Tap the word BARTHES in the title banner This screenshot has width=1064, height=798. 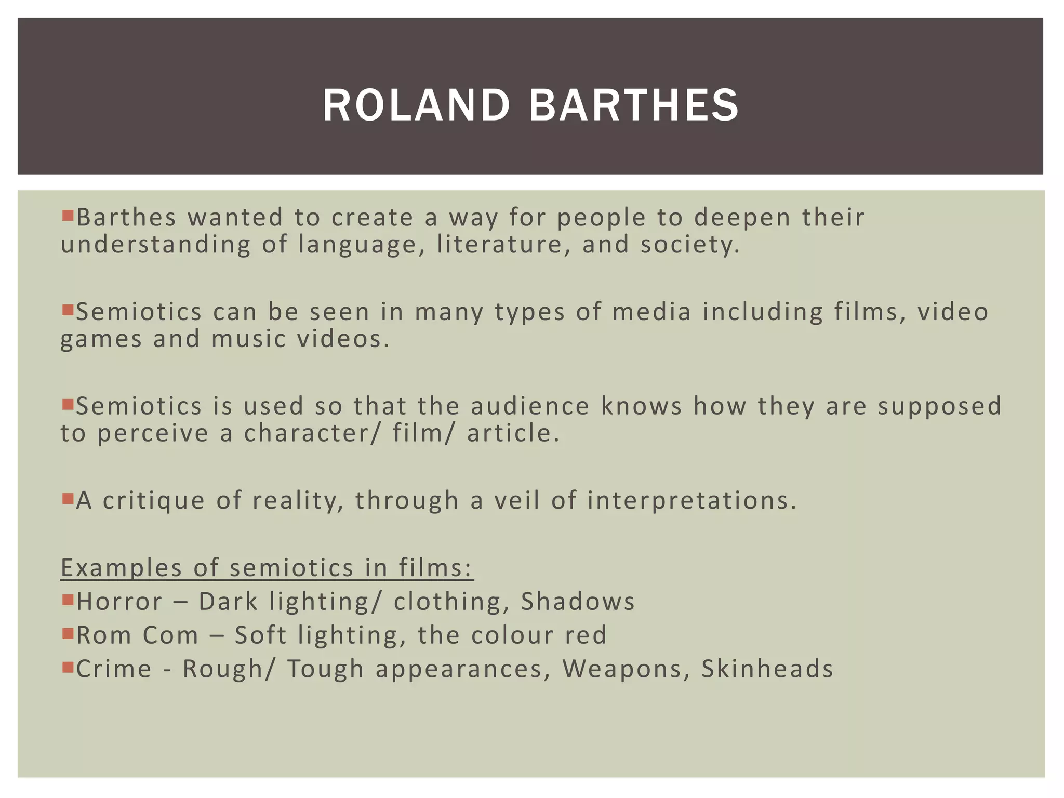634,105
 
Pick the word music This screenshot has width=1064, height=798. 249,339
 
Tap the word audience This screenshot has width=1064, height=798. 530,406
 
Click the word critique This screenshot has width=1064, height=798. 154,501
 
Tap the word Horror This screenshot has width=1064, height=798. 119,602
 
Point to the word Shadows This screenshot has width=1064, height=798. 578,602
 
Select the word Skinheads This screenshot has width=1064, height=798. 767,669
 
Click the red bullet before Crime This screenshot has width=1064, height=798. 68,667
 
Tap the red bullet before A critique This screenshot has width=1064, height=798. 68,499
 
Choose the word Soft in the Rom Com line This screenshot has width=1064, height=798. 260,635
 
